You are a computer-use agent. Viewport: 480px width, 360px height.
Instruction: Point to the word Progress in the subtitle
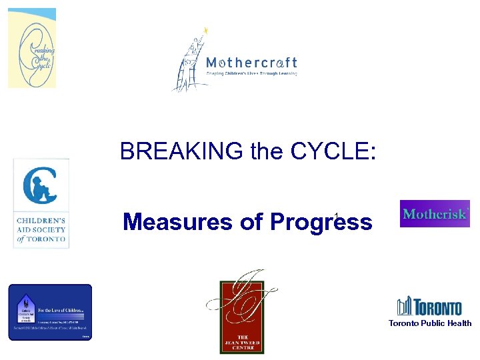pyautogui.click(x=322, y=222)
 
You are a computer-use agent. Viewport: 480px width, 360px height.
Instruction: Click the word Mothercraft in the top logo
pyautogui.click(x=251, y=63)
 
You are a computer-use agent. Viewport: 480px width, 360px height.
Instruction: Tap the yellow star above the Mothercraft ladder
pyautogui.click(x=206, y=30)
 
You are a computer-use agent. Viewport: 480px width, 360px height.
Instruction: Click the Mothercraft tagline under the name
pyautogui.click(x=251, y=73)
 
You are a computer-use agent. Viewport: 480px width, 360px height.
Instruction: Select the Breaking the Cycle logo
pyautogui.click(x=32, y=48)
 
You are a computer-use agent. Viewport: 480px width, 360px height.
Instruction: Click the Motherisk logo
pyautogui.click(x=435, y=214)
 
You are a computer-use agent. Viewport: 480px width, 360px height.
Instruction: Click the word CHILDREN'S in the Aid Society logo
pyautogui.click(x=41, y=218)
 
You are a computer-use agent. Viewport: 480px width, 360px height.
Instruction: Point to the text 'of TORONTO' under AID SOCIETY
pyautogui.click(x=41, y=239)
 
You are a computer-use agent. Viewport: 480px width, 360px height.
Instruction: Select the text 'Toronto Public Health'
pyautogui.click(x=430, y=323)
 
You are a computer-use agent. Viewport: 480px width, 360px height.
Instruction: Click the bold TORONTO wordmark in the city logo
pyautogui.click(x=438, y=308)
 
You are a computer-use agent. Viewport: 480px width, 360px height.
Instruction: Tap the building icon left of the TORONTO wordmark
pyautogui.click(x=405, y=307)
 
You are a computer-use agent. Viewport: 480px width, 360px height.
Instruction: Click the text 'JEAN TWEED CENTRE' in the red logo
pyautogui.click(x=242, y=341)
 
